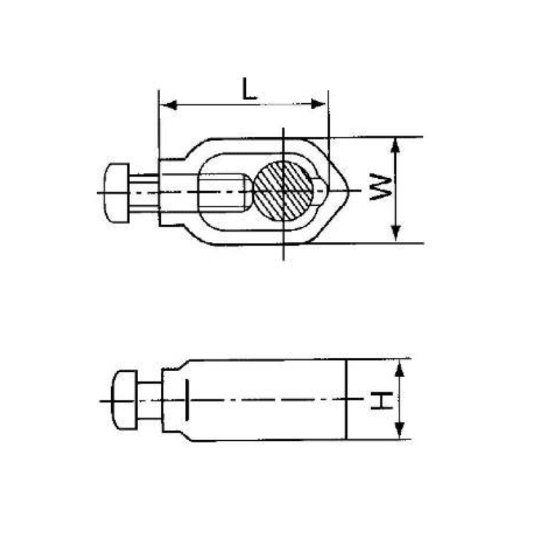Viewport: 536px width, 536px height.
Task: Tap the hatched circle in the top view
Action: click(x=283, y=191)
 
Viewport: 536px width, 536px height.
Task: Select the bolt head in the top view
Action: click(x=117, y=193)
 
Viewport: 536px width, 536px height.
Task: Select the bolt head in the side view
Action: click(x=125, y=400)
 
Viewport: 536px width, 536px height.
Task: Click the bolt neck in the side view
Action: click(x=149, y=400)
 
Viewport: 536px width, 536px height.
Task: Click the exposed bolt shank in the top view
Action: click(x=144, y=192)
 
